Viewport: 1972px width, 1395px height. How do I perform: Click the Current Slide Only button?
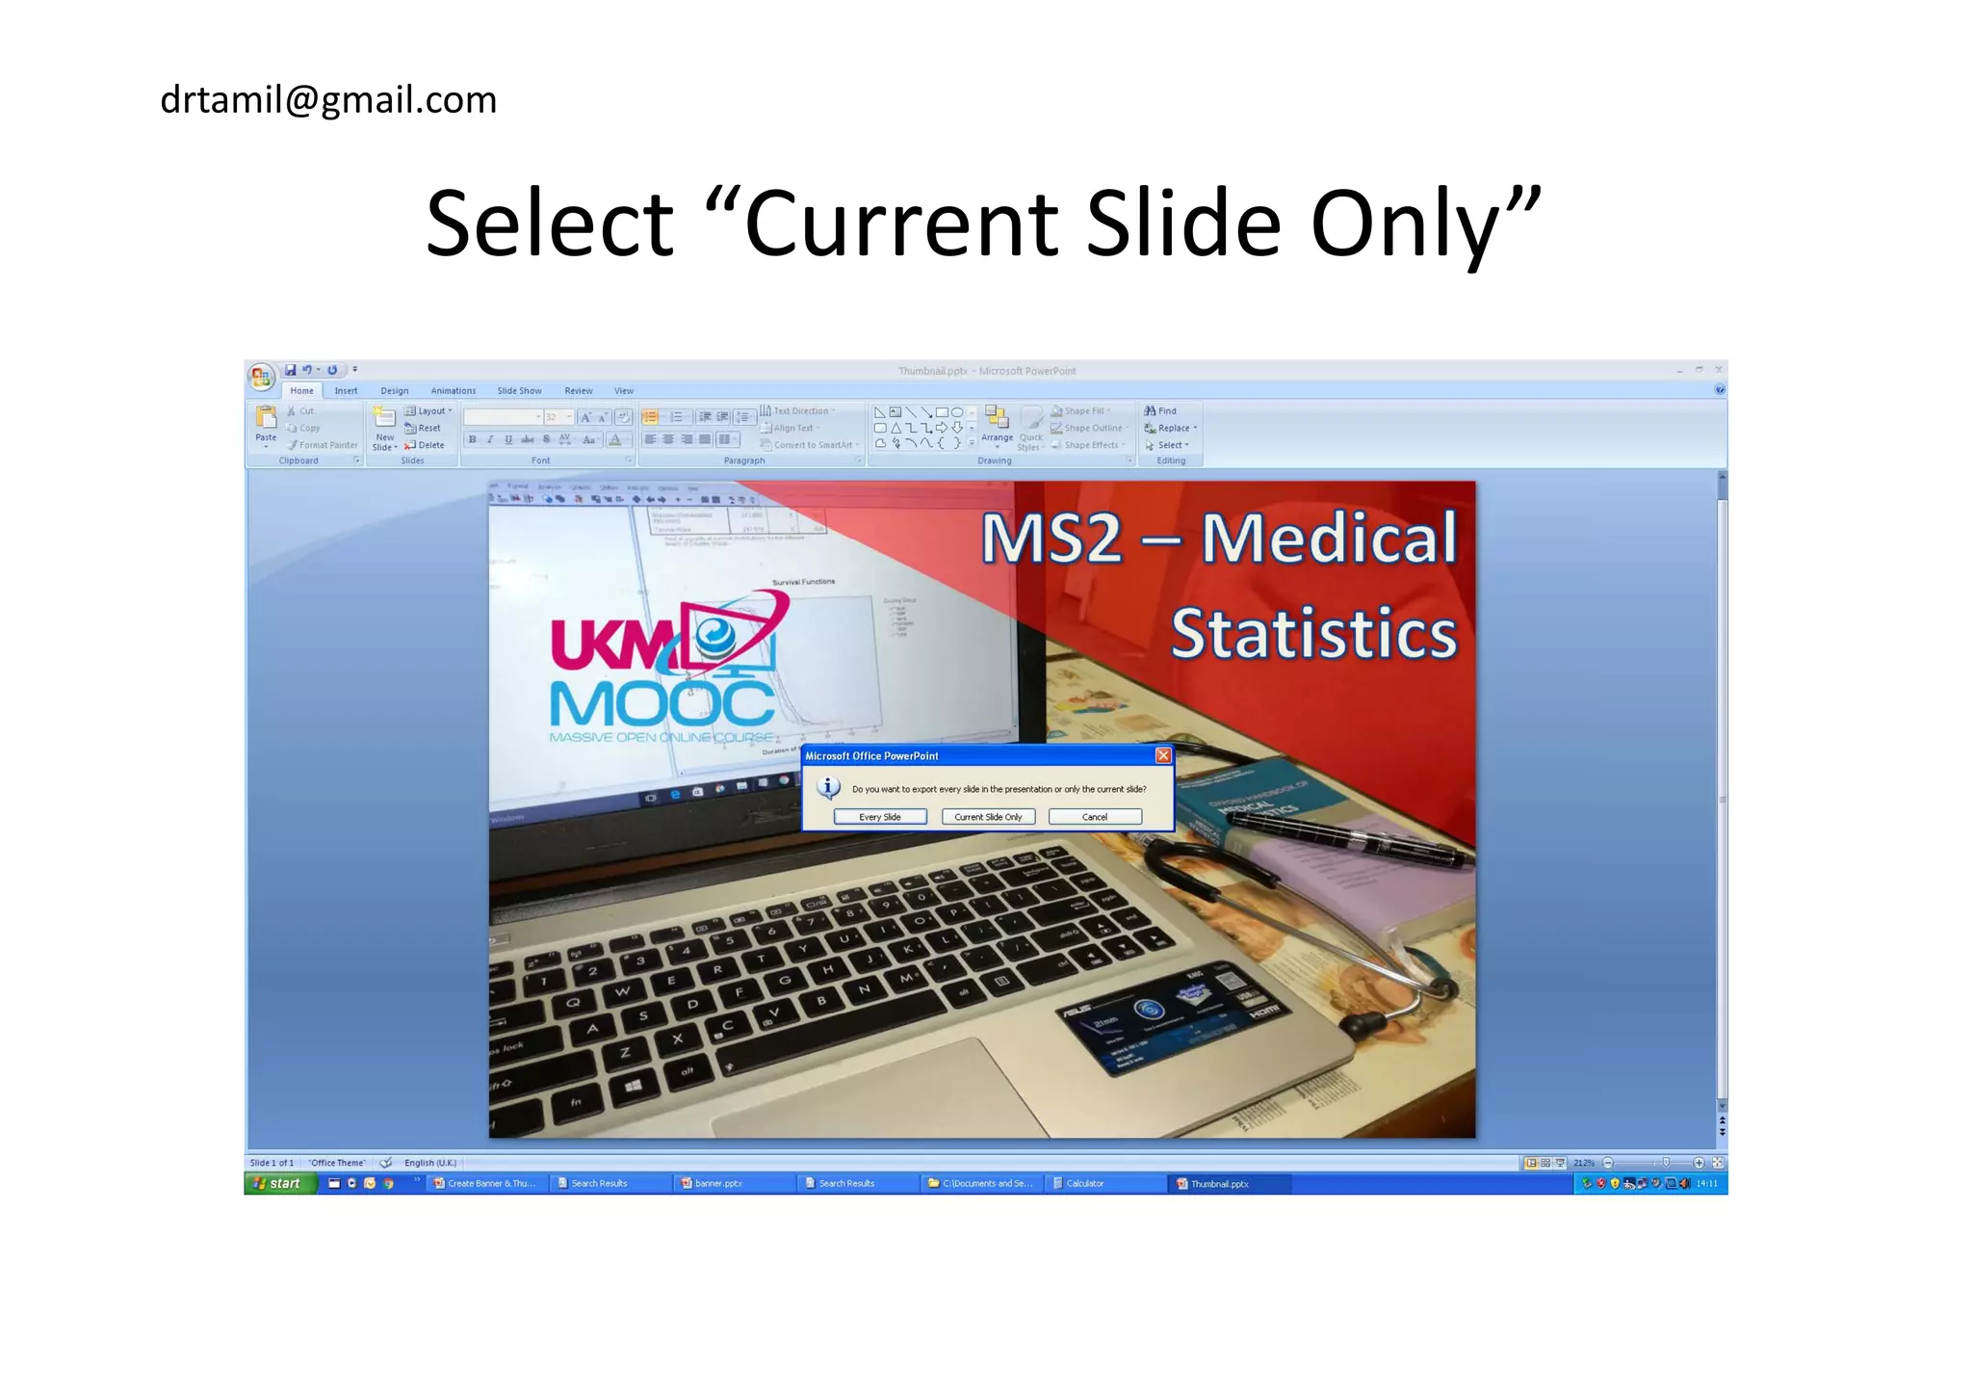point(988,817)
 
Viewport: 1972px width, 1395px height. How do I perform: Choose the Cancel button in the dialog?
point(1095,817)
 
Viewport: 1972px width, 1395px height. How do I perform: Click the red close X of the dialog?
point(1163,756)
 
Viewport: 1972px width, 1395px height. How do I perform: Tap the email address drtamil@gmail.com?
point(328,100)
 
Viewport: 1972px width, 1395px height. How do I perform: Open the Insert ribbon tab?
point(346,391)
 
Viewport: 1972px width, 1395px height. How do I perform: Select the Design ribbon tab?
point(394,391)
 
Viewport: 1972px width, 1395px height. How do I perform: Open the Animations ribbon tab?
point(453,391)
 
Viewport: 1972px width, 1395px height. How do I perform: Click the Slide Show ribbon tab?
point(519,391)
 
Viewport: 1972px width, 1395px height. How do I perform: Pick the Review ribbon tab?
point(579,391)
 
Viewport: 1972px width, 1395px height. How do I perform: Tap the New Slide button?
point(384,428)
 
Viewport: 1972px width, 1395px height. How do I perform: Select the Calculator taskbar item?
point(1085,1183)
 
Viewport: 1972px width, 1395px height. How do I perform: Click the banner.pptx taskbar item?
point(717,1183)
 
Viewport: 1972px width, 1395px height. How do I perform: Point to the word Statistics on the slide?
point(1313,634)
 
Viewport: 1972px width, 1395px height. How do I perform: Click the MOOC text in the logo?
point(662,703)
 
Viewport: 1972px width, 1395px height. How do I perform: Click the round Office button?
point(261,377)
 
